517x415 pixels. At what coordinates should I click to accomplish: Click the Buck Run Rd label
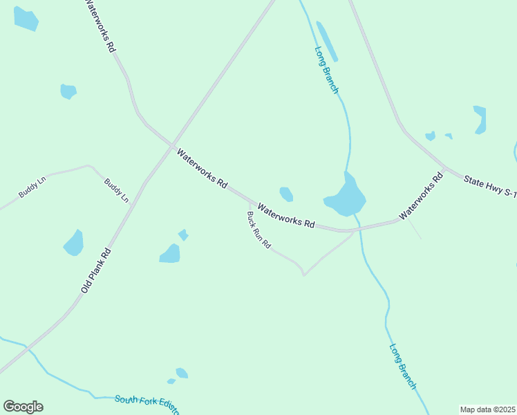coord(258,230)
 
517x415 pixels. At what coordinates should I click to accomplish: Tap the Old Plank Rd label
coord(96,271)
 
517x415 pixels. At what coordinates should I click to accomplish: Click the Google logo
coord(23,407)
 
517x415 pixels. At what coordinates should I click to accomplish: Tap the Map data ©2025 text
coord(487,409)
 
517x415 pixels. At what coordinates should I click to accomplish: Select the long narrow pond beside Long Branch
coord(327,41)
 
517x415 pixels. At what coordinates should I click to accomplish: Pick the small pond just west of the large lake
coord(286,194)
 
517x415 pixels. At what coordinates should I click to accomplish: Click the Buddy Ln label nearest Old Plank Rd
coord(116,190)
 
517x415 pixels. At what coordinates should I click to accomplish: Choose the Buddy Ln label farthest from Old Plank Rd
coord(32,187)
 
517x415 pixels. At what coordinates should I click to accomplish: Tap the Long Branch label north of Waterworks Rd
coord(326,70)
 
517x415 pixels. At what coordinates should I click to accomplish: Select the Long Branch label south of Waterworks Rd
coord(402,367)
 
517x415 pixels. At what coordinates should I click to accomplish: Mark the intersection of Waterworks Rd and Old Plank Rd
coord(172,145)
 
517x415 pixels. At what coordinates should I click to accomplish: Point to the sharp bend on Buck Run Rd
coord(303,274)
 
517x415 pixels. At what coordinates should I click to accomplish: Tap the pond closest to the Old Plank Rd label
coord(74,243)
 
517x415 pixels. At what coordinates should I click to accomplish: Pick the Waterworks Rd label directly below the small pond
coord(286,216)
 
